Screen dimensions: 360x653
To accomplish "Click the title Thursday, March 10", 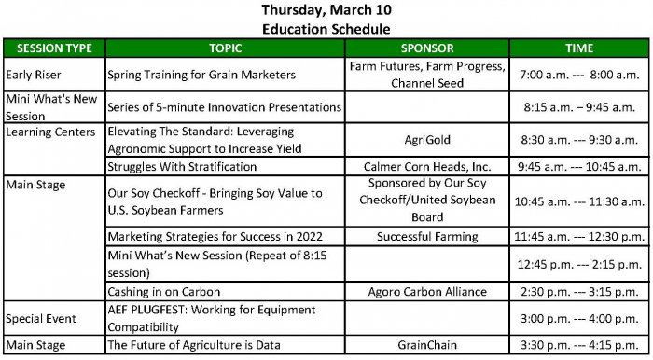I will (x=326, y=10).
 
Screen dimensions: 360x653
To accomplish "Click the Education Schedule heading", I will (x=326, y=28).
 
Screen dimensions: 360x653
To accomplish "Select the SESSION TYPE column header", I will (x=52, y=48).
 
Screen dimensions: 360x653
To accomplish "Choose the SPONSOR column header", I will (x=426, y=48).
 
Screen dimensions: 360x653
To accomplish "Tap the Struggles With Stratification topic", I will (x=182, y=166).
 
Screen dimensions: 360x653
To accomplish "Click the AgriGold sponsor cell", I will (x=426, y=140).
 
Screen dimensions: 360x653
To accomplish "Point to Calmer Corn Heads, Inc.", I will (x=426, y=166).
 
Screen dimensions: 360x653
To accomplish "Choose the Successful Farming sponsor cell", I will (x=426, y=237).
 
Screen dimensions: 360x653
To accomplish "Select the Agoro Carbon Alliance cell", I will (x=426, y=292).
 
